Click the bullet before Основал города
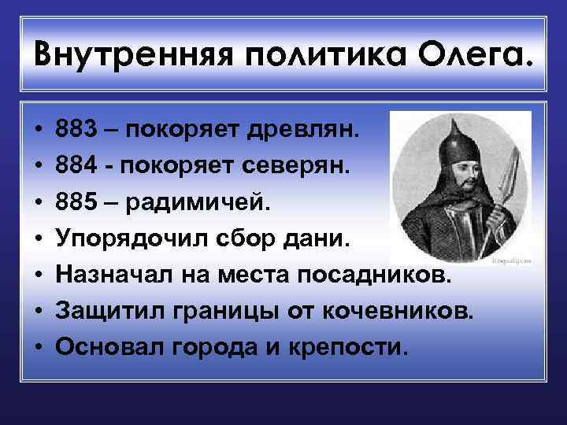point(39,348)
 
